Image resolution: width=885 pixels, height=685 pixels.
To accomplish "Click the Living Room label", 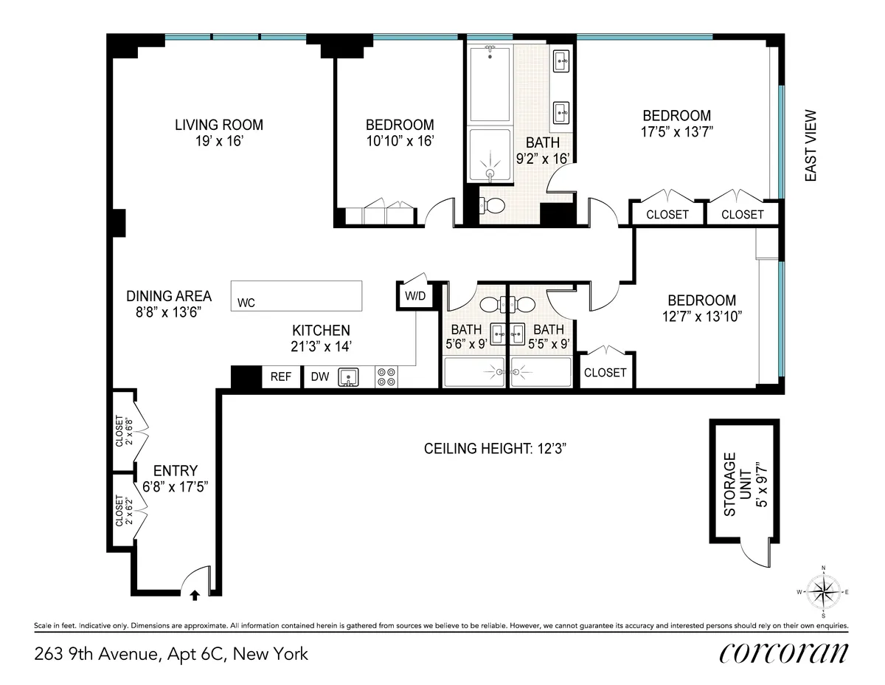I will coord(218,125).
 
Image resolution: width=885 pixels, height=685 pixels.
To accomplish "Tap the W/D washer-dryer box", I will coord(414,296).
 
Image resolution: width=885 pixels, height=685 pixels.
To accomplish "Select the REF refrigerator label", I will coord(281,377).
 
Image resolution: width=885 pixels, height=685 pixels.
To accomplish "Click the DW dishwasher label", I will coord(319,377).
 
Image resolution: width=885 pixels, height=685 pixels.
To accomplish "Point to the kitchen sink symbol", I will coord(349,378).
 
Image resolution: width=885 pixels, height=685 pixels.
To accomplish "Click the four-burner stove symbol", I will coord(386,377).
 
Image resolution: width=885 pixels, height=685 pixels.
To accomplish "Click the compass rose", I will coord(823,591).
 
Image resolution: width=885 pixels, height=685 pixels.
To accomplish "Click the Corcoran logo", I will coord(782,653).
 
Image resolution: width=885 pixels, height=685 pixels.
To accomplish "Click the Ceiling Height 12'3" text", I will coord(495,448).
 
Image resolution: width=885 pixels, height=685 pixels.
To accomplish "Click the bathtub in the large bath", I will coord(490,83).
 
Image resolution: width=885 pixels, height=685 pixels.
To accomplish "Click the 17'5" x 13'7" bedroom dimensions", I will coord(676,132).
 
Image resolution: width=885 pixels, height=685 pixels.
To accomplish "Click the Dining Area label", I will coord(169,296).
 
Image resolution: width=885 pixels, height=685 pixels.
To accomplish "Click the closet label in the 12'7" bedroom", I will coord(605,373).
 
